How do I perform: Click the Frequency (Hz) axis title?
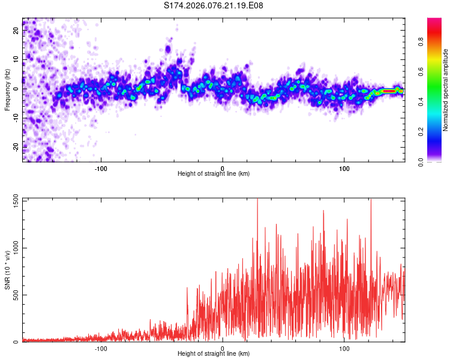click(7, 89)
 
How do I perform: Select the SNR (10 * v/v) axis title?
click(7, 270)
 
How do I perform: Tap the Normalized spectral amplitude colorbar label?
click(446, 90)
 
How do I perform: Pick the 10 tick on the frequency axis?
click(16, 59)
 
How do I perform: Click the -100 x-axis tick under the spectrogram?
click(101, 167)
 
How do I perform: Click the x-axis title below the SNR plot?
click(214, 354)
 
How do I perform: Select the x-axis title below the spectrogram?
click(214, 173)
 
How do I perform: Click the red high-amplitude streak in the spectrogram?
click(388, 91)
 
